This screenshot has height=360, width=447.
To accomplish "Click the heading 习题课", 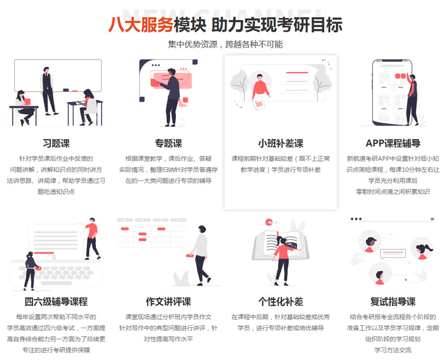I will tap(56, 144).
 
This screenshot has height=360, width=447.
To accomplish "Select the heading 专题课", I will tap(168, 144).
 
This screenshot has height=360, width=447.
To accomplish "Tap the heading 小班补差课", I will tap(281, 144).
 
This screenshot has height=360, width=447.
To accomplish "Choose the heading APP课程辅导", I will tap(393, 144).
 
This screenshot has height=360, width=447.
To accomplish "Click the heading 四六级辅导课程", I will tap(56, 301).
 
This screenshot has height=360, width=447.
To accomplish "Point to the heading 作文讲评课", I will tap(168, 301).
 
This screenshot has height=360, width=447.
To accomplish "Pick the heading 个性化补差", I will tap(281, 301).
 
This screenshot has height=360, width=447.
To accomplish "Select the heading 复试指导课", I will tap(393, 301).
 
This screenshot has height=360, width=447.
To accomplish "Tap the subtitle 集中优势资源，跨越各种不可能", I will tap(225, 45).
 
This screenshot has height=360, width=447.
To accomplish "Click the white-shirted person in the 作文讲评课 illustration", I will tap(200, 253).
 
